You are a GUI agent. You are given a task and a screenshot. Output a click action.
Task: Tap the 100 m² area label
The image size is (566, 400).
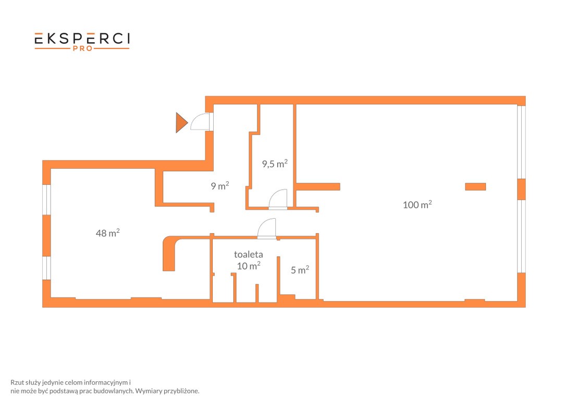click(x=417, y=205)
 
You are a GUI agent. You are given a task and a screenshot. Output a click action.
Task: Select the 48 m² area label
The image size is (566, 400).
click(x=107, y=233)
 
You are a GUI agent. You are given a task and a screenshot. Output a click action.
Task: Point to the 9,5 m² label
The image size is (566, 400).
click(x=275, y=164)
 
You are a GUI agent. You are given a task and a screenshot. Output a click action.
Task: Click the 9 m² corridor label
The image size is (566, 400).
click(x=220, y=185)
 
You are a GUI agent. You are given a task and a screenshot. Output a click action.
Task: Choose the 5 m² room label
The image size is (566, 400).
click(x=300, y=269)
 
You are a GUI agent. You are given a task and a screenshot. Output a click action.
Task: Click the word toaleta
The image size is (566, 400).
click(x=249, y=254)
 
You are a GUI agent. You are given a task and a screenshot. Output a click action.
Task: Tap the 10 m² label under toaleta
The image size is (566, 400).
click(x=249, y=266)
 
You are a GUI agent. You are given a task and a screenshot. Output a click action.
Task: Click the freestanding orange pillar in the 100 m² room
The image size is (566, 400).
click(x=475, y=186)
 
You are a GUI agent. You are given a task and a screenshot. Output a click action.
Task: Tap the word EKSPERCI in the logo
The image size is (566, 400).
click(x=82, y=39)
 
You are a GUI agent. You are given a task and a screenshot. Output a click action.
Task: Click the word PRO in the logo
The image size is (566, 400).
click(x=83, y=48)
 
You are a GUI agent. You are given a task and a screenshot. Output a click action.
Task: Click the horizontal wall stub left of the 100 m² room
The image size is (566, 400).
click(x=318, y=186)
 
